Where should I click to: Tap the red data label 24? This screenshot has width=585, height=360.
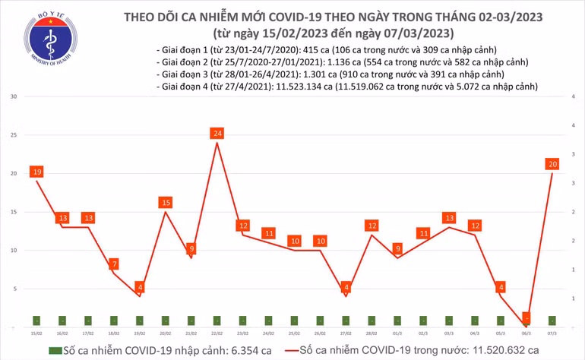tap(217, 134)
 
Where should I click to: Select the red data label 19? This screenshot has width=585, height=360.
tap(36, 172)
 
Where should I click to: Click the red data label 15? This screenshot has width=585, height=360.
tap(166, 203)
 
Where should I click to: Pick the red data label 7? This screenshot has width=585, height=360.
tap(114, 264)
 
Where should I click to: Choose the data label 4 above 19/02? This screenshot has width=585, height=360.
tap(140, 287)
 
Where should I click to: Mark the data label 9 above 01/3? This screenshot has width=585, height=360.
tap(397, 248)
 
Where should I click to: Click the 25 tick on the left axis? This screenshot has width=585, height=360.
tap(14, 135)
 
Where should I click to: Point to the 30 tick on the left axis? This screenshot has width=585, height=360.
tap(14, 97)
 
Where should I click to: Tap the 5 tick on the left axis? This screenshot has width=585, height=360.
tap(15, 289)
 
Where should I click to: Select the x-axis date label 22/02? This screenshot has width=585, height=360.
tap(217, 333)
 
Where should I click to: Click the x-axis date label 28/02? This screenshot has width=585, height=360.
tap(372, 333)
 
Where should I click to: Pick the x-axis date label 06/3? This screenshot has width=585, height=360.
tap(526, 333)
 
